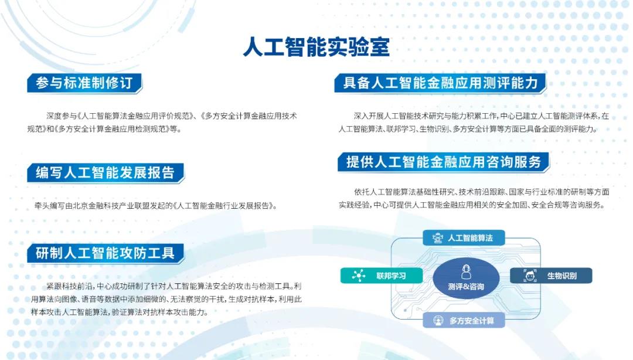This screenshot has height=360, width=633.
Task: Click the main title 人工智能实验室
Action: (x=316, y=47)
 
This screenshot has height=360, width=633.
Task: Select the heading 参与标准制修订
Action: (x=84, y=83)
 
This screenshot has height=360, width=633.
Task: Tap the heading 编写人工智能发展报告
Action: (x=105, y=172)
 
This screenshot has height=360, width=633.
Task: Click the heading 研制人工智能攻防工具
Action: (x=105, y=253)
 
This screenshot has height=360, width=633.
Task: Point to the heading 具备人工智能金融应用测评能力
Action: (x=440, y=83)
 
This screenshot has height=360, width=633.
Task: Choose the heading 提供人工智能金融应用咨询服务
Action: (x=443, y=162)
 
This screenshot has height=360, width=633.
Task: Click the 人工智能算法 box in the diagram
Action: (x=464, y=237)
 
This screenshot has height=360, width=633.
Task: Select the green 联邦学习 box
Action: (x=382, y=276)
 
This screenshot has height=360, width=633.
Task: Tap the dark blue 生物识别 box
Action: (x=551, y=276)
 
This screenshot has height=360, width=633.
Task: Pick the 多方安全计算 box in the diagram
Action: (x=464, y=320)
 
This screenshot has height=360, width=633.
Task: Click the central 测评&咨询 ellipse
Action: (x=466, y=279)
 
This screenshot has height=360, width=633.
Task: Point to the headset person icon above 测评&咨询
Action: (x=467, y=272)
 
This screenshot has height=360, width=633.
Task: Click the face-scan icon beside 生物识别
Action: (x=530, y=276)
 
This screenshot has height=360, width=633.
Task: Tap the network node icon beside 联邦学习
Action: (x=359, y=276)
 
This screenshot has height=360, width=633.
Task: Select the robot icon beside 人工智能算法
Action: (x=438, y=237)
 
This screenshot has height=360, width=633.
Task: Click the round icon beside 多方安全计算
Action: (x=438, y=321)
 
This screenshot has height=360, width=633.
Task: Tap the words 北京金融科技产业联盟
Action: (x=115, y=206)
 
